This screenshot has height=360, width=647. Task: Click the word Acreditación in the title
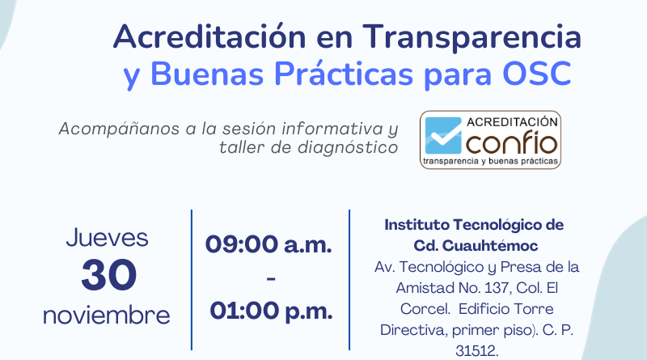point(209,36)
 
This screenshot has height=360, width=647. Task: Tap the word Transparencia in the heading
point(472,37)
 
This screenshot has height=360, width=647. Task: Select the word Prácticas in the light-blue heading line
point(344,74)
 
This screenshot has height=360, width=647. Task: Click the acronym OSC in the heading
point(537,74)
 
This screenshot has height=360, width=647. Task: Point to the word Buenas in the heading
point(207,74)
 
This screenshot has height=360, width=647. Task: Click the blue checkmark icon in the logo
point(443,135)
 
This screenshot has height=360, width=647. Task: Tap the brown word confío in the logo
point(512,142)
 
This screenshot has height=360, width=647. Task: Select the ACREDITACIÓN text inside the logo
point(512,122)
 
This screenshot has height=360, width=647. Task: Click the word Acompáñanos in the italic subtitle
point(119,129)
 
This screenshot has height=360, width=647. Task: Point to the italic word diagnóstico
point(348,148)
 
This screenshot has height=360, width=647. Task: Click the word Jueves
point(108,238)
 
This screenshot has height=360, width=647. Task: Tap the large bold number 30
point(109,275)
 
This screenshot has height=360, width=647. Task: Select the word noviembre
point(107,316)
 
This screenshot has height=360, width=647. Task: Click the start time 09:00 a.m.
point(269,244)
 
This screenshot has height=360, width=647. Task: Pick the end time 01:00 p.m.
point(271,311)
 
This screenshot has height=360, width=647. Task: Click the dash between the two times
point(271,279)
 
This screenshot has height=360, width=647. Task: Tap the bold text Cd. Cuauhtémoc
point(476,246)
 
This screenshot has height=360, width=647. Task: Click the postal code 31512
point(476,351)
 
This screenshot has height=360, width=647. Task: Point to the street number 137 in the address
point(496,288)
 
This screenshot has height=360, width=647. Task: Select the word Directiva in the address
point(413,330)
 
